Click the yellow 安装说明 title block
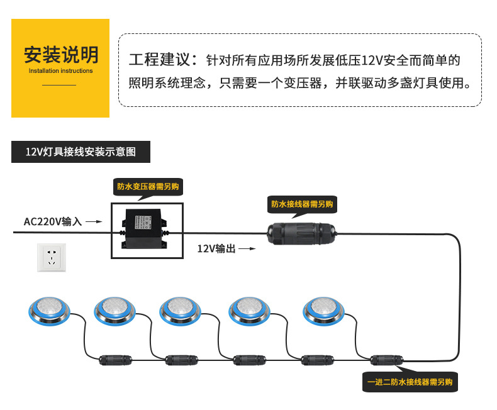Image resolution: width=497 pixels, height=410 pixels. pyautogui.click(x=60, y=68)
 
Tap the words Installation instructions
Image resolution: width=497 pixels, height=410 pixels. pyautogui.click(x=60, y=71)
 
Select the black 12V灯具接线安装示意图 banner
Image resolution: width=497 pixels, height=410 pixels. pyautogui.click(x=81, y=152)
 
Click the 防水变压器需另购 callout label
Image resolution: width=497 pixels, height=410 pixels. pyautogui.click(x=147, y=187)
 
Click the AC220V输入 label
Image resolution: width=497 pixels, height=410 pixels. pyautogui.click(x=53, y=221)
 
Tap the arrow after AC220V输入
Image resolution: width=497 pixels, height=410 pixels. pyautogui.click(x=93, y=221)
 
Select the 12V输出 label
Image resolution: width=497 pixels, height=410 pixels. pyautogui.click(x=216, y=249)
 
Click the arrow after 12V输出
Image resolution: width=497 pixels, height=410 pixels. pyautogui.click(x=248, y=249)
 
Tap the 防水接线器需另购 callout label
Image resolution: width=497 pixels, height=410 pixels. pyautogui.click(x=302, y=204)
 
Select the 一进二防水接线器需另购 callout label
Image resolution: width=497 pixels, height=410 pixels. pyautogui.click(x=411, y=382)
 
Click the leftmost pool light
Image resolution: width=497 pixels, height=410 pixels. pyautogui.click(x=47, y=308)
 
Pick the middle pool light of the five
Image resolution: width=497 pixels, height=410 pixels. pyautogui.click(x=181, y=308)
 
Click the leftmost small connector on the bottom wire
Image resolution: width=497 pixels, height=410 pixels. pyautogui.click(x=116, y=360)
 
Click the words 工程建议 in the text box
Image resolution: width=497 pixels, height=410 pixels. pyautogui.click(x=159, y=61)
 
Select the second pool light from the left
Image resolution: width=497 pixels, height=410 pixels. pyautogui.click(x=114, y=308)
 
